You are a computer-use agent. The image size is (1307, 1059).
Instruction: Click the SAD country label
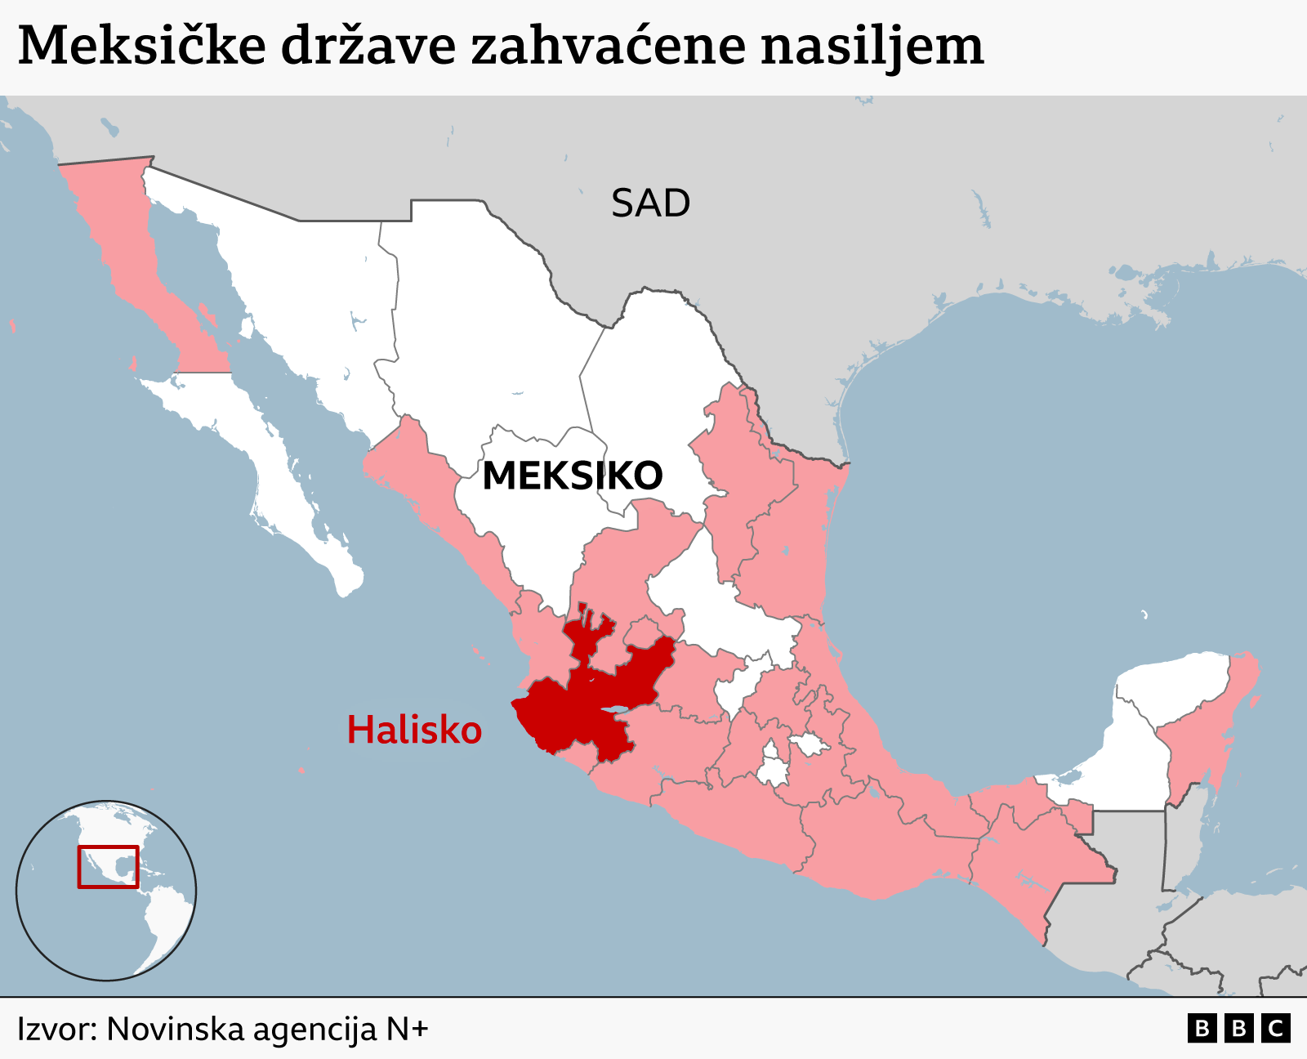coord(650,203)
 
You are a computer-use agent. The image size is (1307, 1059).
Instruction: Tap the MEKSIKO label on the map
coord(572,476)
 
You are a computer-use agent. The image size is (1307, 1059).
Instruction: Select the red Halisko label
coord(414,730)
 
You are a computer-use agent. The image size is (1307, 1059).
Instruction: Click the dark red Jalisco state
coord(572,711)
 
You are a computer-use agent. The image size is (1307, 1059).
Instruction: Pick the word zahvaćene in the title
coord(609,46)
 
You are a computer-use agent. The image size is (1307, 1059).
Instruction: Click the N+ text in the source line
coord(407,1029)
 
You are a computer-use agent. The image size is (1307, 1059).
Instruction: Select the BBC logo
coord(1238,1028)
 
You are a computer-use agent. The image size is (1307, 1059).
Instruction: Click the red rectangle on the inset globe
coord(108,866)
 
